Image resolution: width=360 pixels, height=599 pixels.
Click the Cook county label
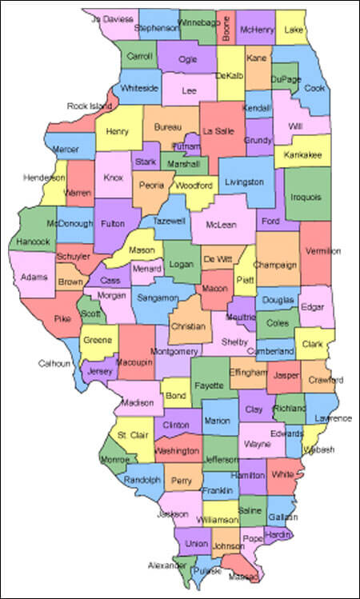click(314, 88)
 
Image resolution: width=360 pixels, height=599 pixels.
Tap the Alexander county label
click(166, 564)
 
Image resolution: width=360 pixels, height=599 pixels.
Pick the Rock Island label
click(88, 106)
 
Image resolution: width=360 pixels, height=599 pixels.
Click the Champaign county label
click(276, 265)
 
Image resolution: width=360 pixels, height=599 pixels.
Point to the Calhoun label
click(55, 363)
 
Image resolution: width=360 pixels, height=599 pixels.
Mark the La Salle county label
click(218, 130)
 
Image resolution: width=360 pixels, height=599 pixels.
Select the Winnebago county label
click(197, 23)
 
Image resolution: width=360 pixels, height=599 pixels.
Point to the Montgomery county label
click(174, 351)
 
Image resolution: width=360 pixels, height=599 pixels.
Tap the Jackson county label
click(173, 513)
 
